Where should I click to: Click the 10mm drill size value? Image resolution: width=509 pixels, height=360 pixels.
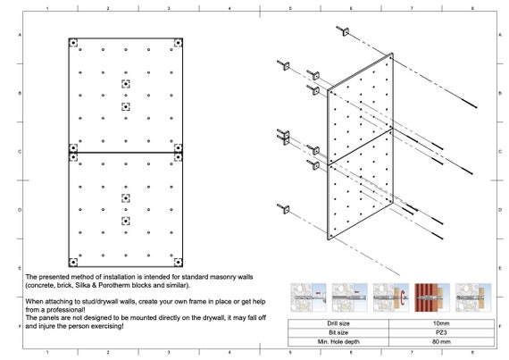[x=441, y=323]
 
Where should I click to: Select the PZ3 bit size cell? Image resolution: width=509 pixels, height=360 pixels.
[x=441, y=332]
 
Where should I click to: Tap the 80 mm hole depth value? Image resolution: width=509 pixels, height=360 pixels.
[x=441, y=341]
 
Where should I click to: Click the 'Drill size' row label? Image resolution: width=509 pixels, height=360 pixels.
[x=338, y=323]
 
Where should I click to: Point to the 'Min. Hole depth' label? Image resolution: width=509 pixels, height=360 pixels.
[x=338, y=341]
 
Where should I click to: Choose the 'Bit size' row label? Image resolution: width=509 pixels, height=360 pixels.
[x=338, y=332]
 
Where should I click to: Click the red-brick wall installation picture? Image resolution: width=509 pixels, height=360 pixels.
[x=432, y=297]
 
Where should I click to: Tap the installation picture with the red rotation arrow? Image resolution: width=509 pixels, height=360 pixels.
[x=391, y=297]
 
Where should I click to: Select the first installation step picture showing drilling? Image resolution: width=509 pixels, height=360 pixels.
[x=308, y=297]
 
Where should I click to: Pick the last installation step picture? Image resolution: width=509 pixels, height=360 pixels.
[x=473, y=297]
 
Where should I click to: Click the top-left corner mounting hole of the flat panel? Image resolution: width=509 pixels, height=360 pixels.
[x=73, y=43]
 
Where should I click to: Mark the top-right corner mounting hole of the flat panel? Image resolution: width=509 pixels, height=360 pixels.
[x=178, y=43]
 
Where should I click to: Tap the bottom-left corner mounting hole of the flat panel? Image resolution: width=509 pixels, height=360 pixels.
[x=73, y=262]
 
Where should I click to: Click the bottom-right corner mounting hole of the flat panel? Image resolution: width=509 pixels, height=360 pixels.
[x=178, y=262]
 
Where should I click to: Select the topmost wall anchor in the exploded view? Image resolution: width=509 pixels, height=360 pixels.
[x=343, y=31]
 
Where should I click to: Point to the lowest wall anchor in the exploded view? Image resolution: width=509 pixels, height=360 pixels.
[x=284, y=209]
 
